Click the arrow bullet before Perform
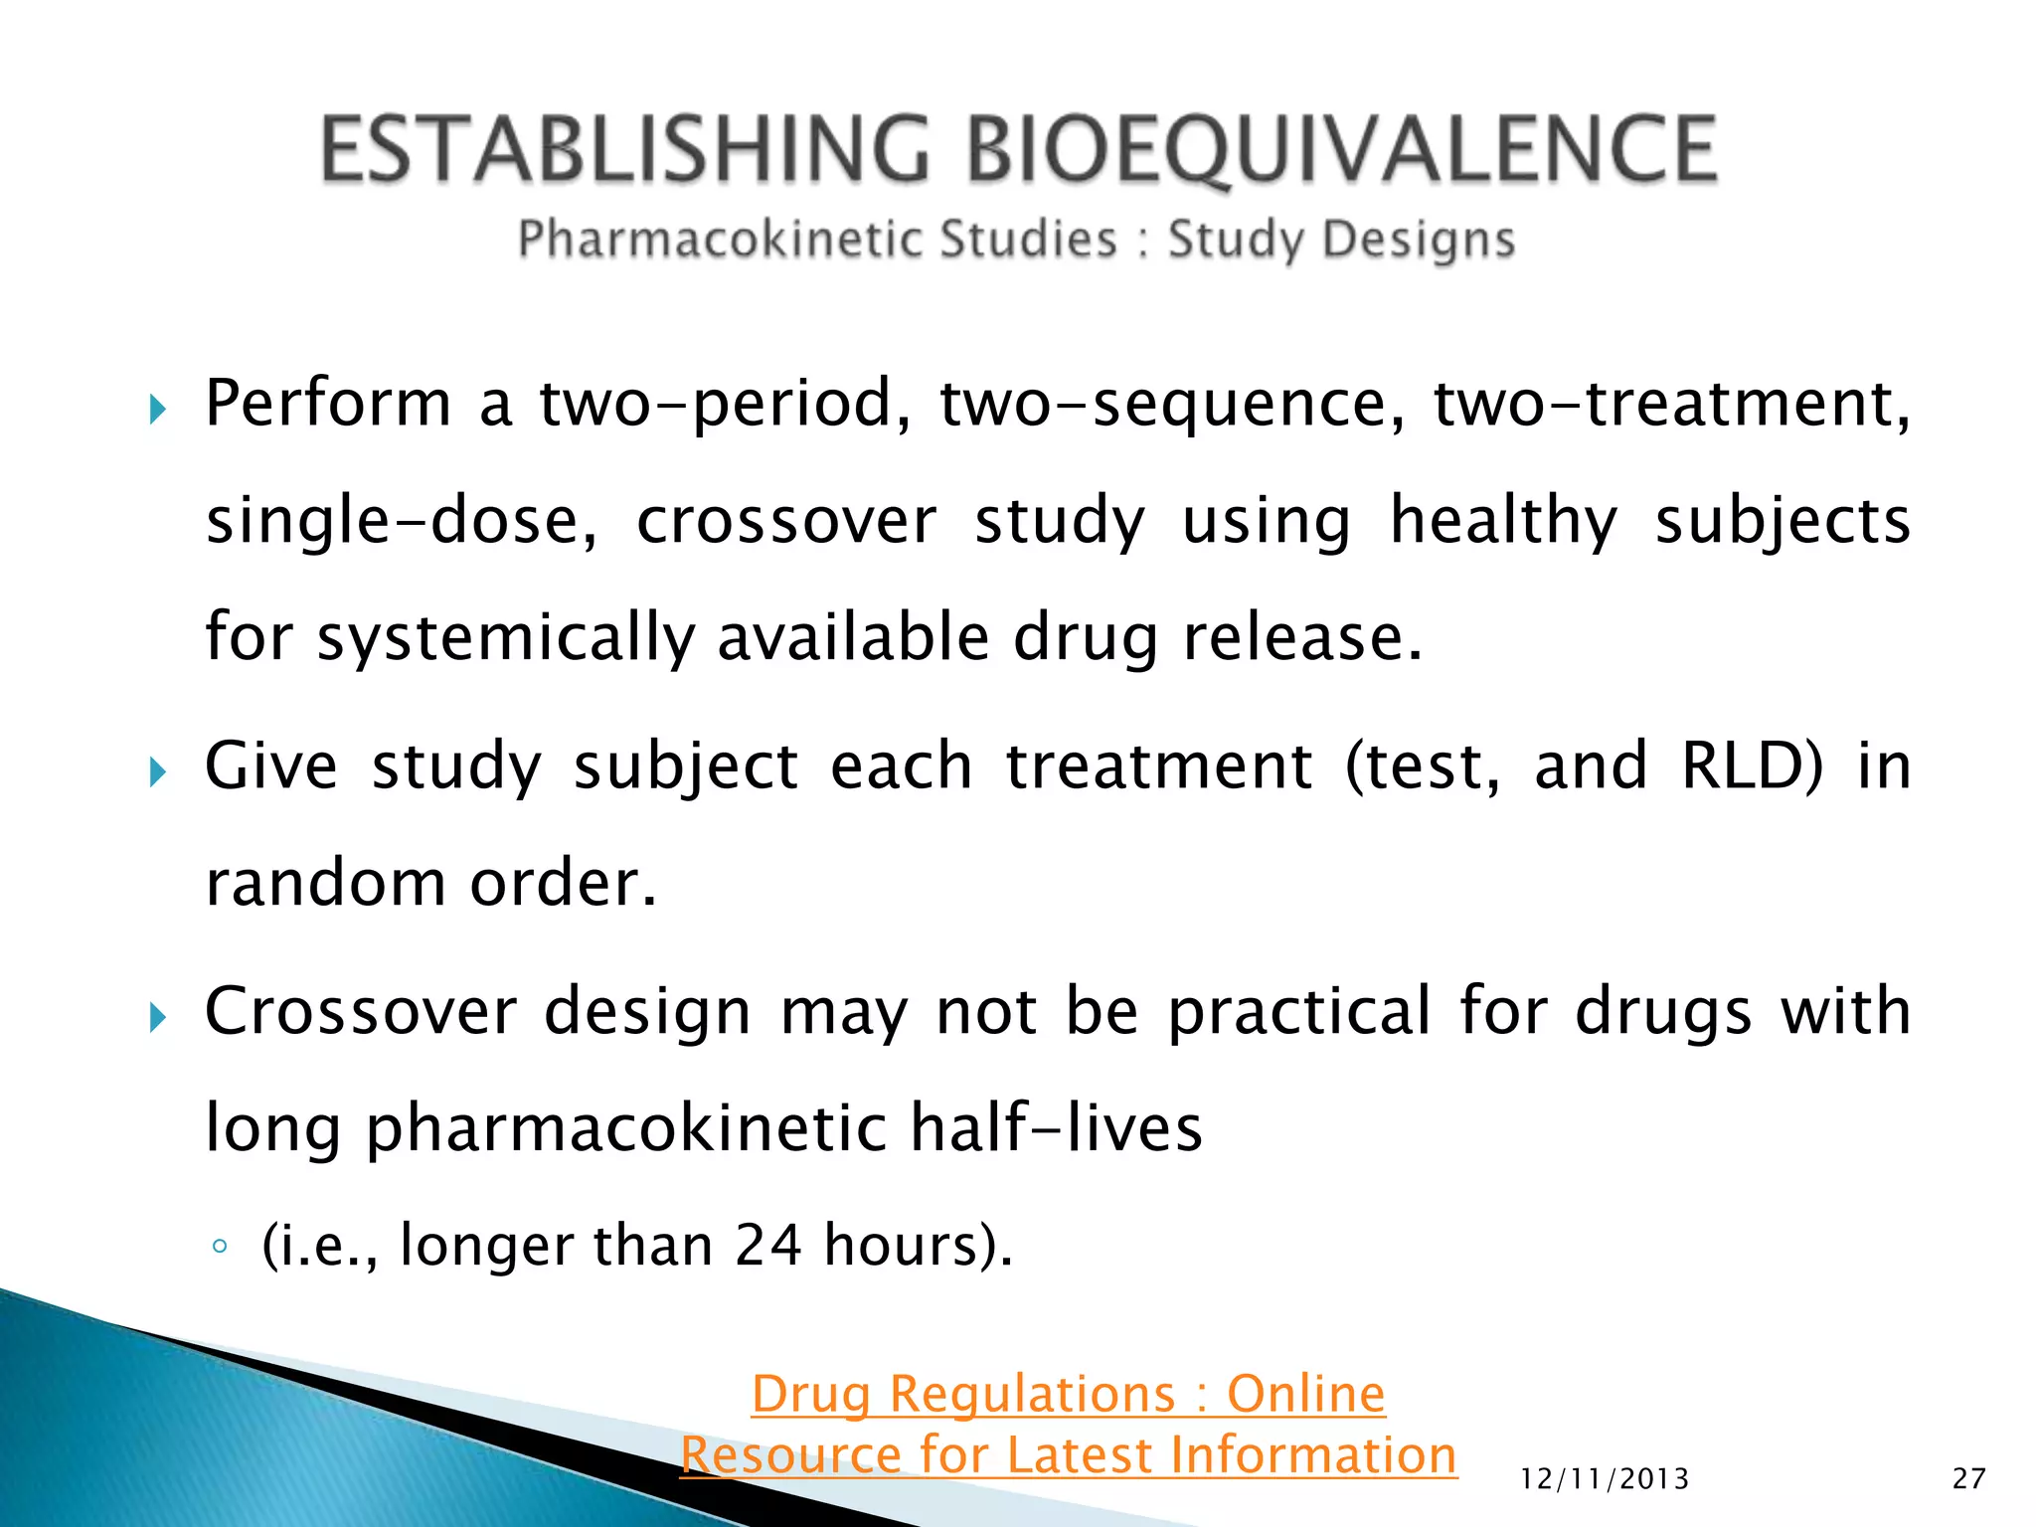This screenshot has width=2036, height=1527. (157, 409)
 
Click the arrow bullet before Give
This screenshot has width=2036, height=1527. (157, 771)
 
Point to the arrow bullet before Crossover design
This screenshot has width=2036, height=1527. (157, 1017)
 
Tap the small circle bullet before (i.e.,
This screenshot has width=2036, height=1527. (221, 1247)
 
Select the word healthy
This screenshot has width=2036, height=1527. (1503, 521)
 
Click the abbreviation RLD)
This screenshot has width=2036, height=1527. (1753, 765)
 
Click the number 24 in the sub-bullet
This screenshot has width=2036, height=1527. (767, 1245)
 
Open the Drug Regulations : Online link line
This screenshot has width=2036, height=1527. (1068, 1394)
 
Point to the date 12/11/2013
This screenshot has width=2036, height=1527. (1605, 1479)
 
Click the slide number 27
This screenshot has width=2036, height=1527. (1968, 1479)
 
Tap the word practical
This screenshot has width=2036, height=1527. (1298, 1012)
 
